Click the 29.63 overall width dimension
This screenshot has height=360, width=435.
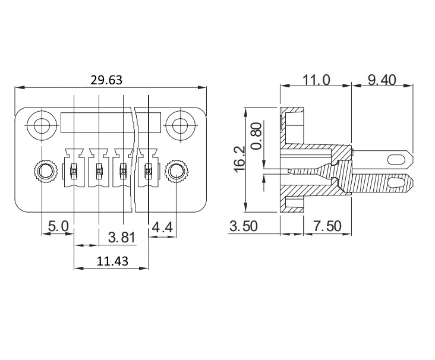tap(106, 80)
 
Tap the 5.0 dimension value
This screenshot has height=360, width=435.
tap(58, 226)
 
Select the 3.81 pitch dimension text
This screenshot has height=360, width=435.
tap(121, 238)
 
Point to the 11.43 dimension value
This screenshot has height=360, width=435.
tap(112, 261)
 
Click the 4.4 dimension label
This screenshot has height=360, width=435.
tap(162, 228)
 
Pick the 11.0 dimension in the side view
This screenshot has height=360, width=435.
tap(316, 80)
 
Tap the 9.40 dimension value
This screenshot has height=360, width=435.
tap(382, 80)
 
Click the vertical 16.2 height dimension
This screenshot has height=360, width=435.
tap(239, 159)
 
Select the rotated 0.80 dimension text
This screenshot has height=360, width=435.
tap(257, 136)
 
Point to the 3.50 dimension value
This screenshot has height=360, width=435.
tap(244, 226)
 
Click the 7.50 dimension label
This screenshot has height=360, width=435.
tap(327, 226)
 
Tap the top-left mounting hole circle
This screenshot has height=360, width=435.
tap(42, 125)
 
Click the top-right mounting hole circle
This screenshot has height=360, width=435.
tap(180, 125)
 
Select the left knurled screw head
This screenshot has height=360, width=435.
tap(45, 171)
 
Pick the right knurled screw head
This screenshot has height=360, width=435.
tap(176, 171)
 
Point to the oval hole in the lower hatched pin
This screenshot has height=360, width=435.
tap(395, 182)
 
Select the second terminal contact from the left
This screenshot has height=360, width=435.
tap(99, 168)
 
